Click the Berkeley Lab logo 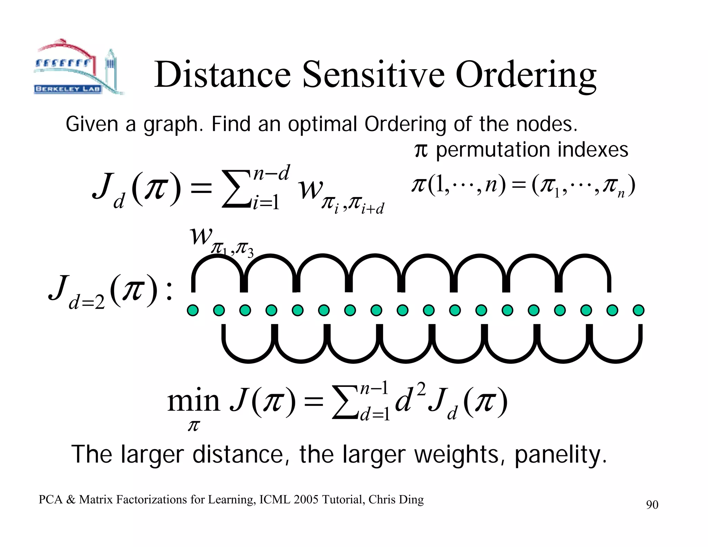[78, 67]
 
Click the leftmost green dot [193, 310]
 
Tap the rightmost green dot [638, 310]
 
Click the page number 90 [652, 505]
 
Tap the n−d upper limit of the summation [271, 173]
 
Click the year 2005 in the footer [306, 500]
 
